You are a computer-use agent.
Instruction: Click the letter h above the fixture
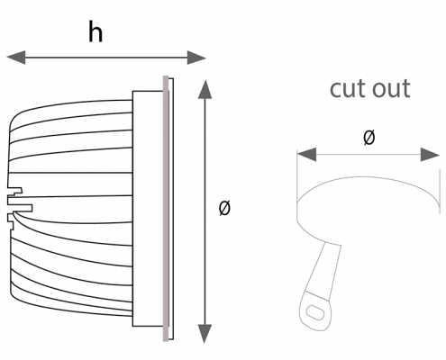[96, 31]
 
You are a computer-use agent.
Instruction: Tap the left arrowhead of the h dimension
[16, 58]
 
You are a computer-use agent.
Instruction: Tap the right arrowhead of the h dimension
[196, 58]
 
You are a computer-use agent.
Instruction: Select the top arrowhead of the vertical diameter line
[205, 89]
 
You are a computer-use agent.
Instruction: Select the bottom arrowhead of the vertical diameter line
[205, 333]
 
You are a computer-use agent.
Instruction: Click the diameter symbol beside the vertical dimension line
[224, 208]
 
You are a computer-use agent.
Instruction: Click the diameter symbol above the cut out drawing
[369, 138]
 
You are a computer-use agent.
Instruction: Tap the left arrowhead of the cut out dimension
[306, 155]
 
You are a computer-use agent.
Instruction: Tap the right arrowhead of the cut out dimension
[430, 155]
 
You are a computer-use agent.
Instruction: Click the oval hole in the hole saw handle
[314, 312]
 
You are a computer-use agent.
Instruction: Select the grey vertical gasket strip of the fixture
[166, 208]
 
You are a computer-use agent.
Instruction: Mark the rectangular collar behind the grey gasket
[148, 208]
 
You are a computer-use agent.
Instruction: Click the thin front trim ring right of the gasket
[171, 208]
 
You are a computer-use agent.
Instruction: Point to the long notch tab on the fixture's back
[20, 208]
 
